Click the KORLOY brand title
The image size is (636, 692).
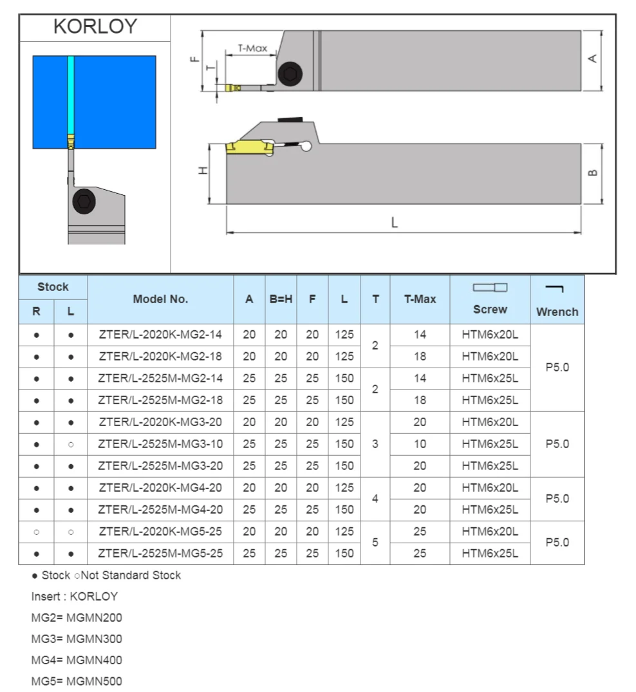[x=95, y=26]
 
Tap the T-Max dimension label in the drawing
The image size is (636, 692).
[x=252, y=48]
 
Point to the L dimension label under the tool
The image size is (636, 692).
[x=395, y=223]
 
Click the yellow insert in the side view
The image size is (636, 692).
[x=247, y=149]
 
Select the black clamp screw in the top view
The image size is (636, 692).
[x=290, y=75]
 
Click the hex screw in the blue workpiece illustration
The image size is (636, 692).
[x=84, y=202]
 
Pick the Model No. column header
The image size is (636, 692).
[x=160, y=299]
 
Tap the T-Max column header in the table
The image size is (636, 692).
[x=420, y=299]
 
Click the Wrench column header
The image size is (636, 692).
[x=557, y=312]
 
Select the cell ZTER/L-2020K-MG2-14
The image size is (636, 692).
[x=160, y=335]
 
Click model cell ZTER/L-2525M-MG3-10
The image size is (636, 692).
[x=160, y=444]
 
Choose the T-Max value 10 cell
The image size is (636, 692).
[x=420, y=444]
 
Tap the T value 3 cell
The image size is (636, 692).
[x=375, y=444]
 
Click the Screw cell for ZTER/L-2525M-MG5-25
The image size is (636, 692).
[x=490, y=554]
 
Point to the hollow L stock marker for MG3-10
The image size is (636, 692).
[x=71, y=444]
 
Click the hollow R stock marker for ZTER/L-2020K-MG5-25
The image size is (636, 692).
[x=36, y=532]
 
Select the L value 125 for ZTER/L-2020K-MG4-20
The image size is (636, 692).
[x=344, y=488]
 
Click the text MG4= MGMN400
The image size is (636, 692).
[x=77, y=660]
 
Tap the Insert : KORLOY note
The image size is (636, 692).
[x=74, y=596]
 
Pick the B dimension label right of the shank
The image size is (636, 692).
[x=593, y=172]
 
